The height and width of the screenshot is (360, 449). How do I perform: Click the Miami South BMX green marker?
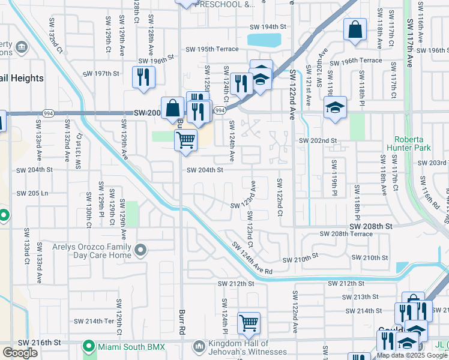point(89,346)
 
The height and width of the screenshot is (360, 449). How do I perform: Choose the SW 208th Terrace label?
point(346,233)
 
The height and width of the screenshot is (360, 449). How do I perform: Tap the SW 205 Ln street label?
point(32,193)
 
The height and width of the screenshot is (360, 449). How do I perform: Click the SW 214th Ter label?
point(100,321)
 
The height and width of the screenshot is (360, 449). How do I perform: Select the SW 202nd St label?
point(319,140)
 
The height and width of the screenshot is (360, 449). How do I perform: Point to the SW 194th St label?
point(269,27)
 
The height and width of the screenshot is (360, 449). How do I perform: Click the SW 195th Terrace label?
point(212,49)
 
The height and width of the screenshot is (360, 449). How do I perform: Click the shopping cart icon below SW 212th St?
point(249,323)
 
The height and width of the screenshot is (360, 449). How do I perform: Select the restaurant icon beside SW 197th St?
point(143,76)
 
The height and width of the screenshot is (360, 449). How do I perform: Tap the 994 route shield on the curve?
point(220,110)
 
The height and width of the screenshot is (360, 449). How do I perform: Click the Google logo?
point(20,353)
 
